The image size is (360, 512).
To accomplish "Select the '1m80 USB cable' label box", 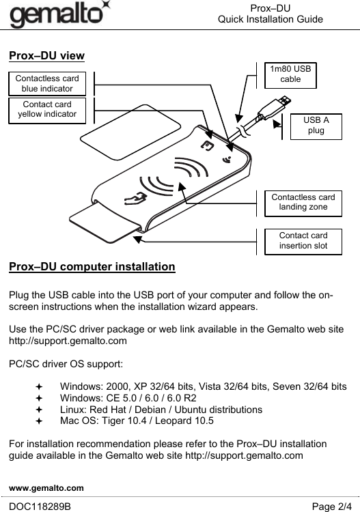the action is tap(290, 75).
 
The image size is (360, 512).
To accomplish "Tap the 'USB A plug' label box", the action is tap(316, 127).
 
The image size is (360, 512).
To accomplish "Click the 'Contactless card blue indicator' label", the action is tap(47, 83).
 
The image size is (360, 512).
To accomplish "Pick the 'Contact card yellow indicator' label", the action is tap(47, 111).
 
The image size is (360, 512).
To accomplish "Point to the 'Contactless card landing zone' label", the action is tap(303, 203).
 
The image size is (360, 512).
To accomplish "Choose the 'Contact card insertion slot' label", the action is tap(303, 242).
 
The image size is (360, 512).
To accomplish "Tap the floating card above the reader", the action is tap(130, 132).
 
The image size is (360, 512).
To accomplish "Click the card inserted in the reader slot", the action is tap(105, 223).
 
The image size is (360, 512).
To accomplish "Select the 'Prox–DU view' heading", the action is tap(46, 55).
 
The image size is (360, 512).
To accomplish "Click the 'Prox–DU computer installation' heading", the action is tap(92, 266).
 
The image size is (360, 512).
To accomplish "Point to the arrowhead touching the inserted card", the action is tap(138, 240).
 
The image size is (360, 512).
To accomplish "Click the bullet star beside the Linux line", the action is tap(39, 410).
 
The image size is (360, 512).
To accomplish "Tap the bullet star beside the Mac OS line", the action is tap(39, 421).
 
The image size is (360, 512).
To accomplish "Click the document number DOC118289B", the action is tap(40, 507).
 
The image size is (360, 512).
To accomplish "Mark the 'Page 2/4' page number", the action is tap(331, 507).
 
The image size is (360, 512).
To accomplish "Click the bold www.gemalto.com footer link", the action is tap(46, 488).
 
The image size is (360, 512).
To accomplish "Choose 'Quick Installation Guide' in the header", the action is tap(271, 19).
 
